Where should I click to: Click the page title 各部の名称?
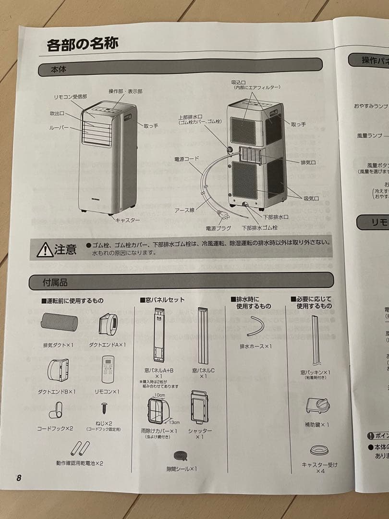point(82,44)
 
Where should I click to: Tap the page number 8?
point(19,478)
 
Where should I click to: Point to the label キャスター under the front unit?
point(127,220)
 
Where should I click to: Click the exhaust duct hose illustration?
point(59,321)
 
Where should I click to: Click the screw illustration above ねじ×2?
point(104,408)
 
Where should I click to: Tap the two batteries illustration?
point(80,448)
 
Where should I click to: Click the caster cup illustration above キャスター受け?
point(319,450)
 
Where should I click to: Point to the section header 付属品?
point(55,282)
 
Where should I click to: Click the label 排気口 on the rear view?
point(308,162)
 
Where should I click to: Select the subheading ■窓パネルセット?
point(162,300)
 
